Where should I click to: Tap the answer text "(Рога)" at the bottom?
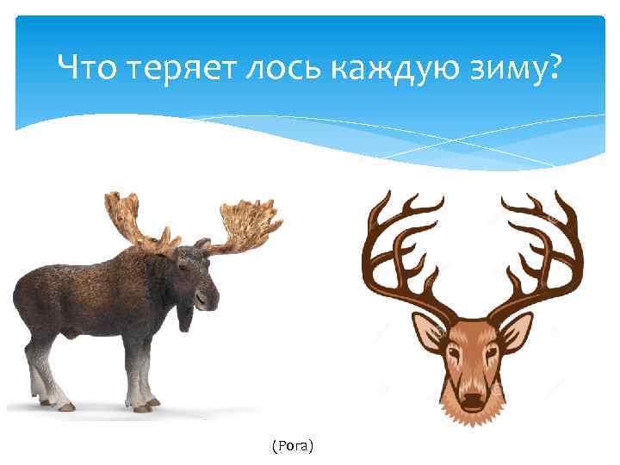click(292, 445)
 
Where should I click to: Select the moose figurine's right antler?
click(245, 226)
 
